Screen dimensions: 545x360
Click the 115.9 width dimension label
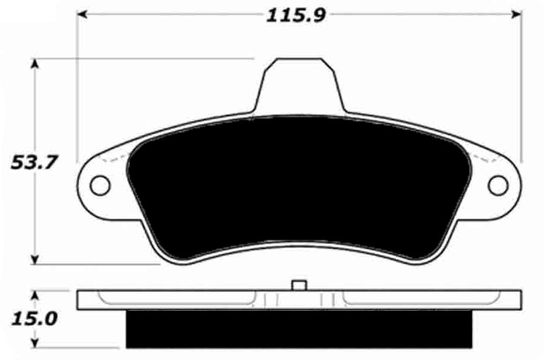coord(296,15)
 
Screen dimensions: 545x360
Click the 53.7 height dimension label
coord(33,162)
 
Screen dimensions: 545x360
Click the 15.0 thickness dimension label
coord(34,319)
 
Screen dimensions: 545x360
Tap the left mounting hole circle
coord(100,185)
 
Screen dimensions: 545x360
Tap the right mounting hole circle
coord(498,185)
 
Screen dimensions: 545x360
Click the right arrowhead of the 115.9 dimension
coord(516,14)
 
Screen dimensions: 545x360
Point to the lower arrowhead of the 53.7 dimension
coord(34,259)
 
